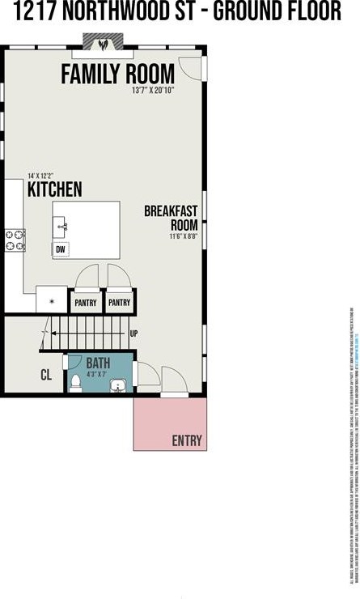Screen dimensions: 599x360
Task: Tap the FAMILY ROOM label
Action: pos(117,74)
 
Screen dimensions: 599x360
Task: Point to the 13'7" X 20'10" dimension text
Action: pos(164,91)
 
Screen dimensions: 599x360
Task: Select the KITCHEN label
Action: pos(54,189)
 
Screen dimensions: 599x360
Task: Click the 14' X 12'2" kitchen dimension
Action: pos(41,175)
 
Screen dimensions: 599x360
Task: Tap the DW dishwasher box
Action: pos(61,250)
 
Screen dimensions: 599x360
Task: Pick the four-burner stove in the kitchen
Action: pos(15,240)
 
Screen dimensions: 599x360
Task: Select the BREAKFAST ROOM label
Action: pos(171,218)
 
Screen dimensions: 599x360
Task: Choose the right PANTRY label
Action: pos(119,303)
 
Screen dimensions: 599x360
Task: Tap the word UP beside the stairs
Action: pos(133,333)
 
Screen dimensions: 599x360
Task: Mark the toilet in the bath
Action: pos(75,381)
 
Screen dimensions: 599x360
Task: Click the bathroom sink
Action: pos(120,384)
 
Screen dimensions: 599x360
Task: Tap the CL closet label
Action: pos(47,375)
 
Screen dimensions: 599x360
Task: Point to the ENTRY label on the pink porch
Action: pos(186,440)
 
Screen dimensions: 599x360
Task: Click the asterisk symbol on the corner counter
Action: pos(52,300)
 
